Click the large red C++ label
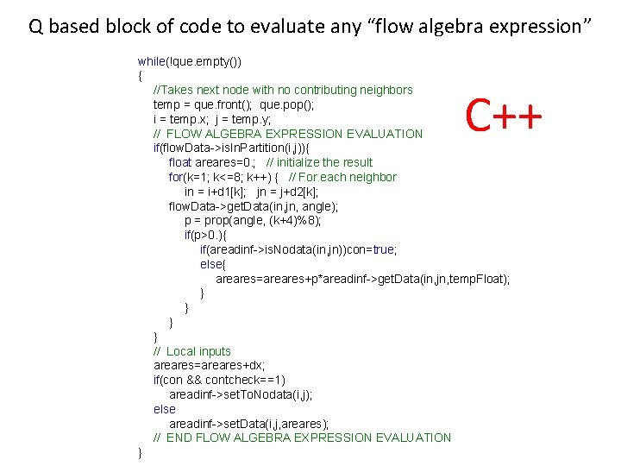point(505,115)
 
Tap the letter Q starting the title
point(36,27)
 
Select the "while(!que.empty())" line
point(190,61)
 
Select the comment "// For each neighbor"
point(342,177)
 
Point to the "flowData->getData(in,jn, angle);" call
point(254,206)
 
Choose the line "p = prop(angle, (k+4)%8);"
point(253,221)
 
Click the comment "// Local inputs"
point(192,351)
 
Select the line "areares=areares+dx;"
point(210,366)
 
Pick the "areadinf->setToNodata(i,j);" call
point(241,394)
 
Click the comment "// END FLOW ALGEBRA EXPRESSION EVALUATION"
point(302,438)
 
